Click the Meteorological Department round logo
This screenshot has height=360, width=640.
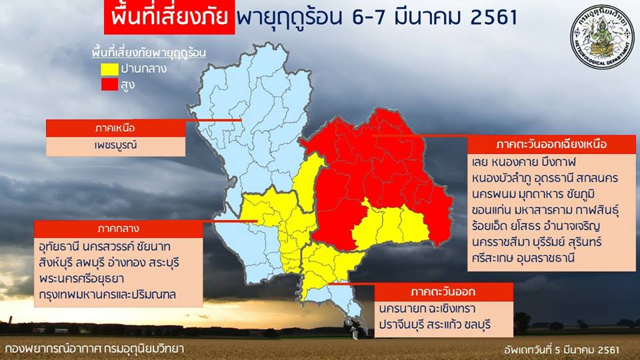pyautogui.click(x=602, y=37)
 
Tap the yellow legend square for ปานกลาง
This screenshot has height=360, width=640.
pyautogui.click(x=110, y=69)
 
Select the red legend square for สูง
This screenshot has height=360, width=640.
pyautogui.click(x=110, y=85)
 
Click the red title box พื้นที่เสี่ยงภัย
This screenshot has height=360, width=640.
pyautogui.click(x=169, y=17)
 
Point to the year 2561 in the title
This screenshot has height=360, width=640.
pyautogui.click(x=494, y=17)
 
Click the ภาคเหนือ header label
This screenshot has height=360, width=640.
pyautogui.click(x=115, y=128)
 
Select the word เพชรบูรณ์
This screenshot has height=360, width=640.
pyautogui.click(x=115, y=145)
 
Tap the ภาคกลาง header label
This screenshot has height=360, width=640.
pyautogui.click(x=118, y=229)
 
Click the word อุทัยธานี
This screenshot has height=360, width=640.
pyautogui.click(x=58, y=247)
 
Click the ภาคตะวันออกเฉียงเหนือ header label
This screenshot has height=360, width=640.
pyautogui.click(x=551, y=145)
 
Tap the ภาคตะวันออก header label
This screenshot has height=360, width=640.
pyautogui.click(x=443, y=292)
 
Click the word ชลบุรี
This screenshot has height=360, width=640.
pyautogui.click(x=479, y=325)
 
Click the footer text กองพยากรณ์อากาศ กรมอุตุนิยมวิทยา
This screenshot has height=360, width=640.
pyautogui.click(x=94, y=349)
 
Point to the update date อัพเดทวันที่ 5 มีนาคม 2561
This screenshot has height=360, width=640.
pyautogui.click(x=561, y=350)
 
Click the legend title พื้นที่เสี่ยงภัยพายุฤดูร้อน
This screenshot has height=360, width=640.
pyautogui.click(x=149, y=53)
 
